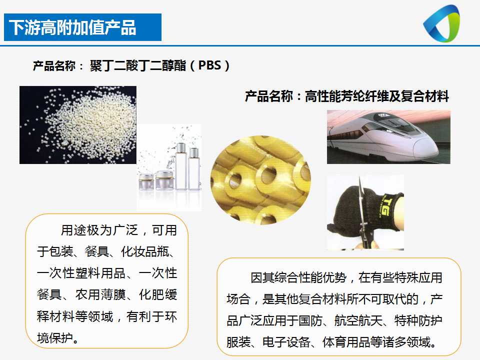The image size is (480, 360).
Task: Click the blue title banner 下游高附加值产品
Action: [82, 27]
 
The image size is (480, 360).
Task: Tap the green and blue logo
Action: [441, 23]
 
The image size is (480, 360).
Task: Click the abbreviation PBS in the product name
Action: [209, 65]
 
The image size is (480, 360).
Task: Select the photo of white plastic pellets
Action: [78, 125]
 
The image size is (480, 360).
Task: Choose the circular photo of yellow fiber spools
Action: [260, 180]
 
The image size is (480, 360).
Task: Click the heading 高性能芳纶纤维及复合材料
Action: [377, 96]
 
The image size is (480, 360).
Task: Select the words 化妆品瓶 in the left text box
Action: [145, 251]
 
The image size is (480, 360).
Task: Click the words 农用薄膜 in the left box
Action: [100, 295]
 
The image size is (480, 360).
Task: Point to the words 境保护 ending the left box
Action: [55, 338]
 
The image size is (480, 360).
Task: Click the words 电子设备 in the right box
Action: [286, 342]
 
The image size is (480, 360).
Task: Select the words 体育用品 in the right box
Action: [346, 342]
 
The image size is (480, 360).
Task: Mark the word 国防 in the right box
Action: [310, 321]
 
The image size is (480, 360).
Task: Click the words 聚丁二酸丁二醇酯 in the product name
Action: [138, 65]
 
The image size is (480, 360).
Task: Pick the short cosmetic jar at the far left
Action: [146, 182]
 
